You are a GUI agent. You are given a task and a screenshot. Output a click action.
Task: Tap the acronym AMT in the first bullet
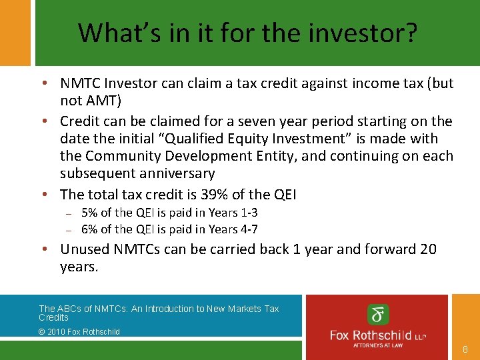point(102,101)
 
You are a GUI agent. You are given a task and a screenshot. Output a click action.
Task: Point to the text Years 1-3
point(234,213)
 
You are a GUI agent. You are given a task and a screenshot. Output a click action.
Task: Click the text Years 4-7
point(234,229)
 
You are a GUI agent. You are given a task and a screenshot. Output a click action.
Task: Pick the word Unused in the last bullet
point(85,249)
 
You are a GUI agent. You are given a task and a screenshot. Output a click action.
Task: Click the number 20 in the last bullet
point(428,249)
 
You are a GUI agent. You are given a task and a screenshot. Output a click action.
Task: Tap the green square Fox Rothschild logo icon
point(378,315)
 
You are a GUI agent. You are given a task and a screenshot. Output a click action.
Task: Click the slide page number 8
point(465,349)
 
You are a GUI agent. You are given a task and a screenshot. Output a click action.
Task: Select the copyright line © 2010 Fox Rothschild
point(79,331)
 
